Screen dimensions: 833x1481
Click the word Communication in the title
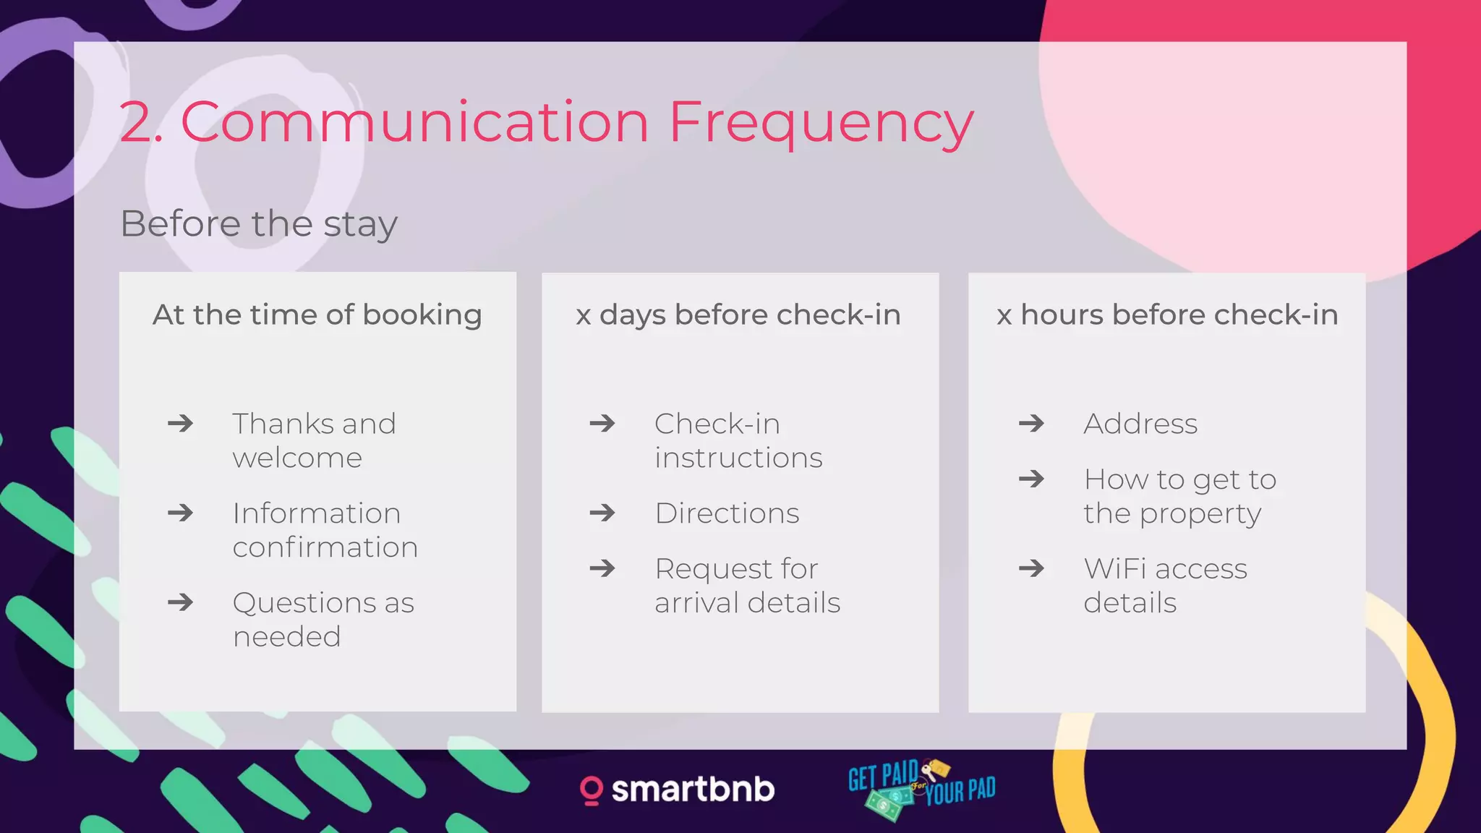(414, 122)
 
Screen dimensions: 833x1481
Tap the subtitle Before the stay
(259, 223)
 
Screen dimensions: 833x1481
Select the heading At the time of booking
(317, 315)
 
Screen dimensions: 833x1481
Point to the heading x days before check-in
(738, 315)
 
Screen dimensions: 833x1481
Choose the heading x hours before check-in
(1167, 315)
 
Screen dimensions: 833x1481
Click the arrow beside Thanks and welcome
(181, 423)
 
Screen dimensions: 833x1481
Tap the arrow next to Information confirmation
(181, 513)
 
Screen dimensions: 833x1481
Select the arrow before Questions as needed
(181, 602)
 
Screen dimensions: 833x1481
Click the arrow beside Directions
(602, 513)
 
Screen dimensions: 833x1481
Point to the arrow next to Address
(1031, 423)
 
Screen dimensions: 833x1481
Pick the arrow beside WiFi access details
(1031, 568)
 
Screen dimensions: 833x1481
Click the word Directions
(727, 513)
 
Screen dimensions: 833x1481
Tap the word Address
(1140, 424)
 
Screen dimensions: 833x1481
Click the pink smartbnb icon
(592, 790)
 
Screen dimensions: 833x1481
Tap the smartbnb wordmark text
(693, 790)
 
